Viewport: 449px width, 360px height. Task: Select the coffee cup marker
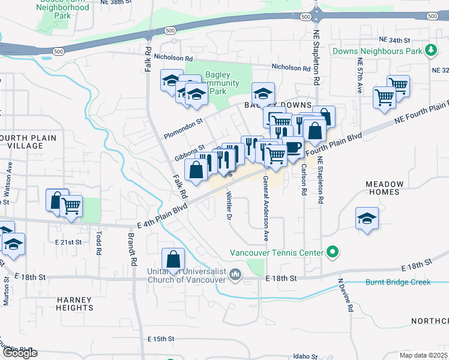pos(292,147)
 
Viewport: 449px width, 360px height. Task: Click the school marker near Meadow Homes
pos(367,219)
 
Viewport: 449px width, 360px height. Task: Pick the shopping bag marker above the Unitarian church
pos(173,259)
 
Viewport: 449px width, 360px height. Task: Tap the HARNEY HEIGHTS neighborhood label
pos(76,304)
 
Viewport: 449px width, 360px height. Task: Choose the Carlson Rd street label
pos(304,179)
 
